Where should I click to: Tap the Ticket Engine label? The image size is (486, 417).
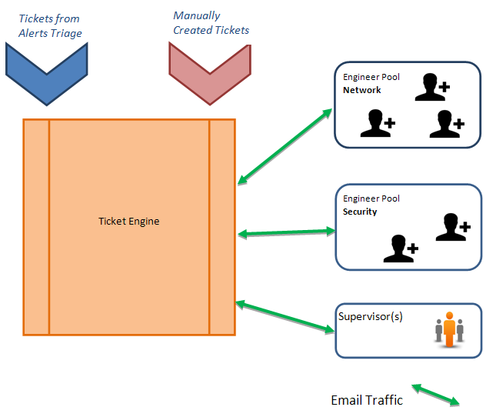(129, 222)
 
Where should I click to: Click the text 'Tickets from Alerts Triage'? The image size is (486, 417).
(50, 25)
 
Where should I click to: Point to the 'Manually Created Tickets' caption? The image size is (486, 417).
(211, 23)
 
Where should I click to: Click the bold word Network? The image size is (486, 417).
(362, 90)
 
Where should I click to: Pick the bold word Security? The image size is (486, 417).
(360, 212)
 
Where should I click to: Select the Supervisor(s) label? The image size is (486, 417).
(371, 316)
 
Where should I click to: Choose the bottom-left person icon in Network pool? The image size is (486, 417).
(378, 123)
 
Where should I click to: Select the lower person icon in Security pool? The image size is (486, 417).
(400, 249)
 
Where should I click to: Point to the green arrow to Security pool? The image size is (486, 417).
(287, 232)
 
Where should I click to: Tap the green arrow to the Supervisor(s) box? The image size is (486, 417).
(285, 316)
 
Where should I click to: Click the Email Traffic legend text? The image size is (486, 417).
(366, 400)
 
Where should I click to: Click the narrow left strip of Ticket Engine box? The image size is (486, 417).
(36, 227)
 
